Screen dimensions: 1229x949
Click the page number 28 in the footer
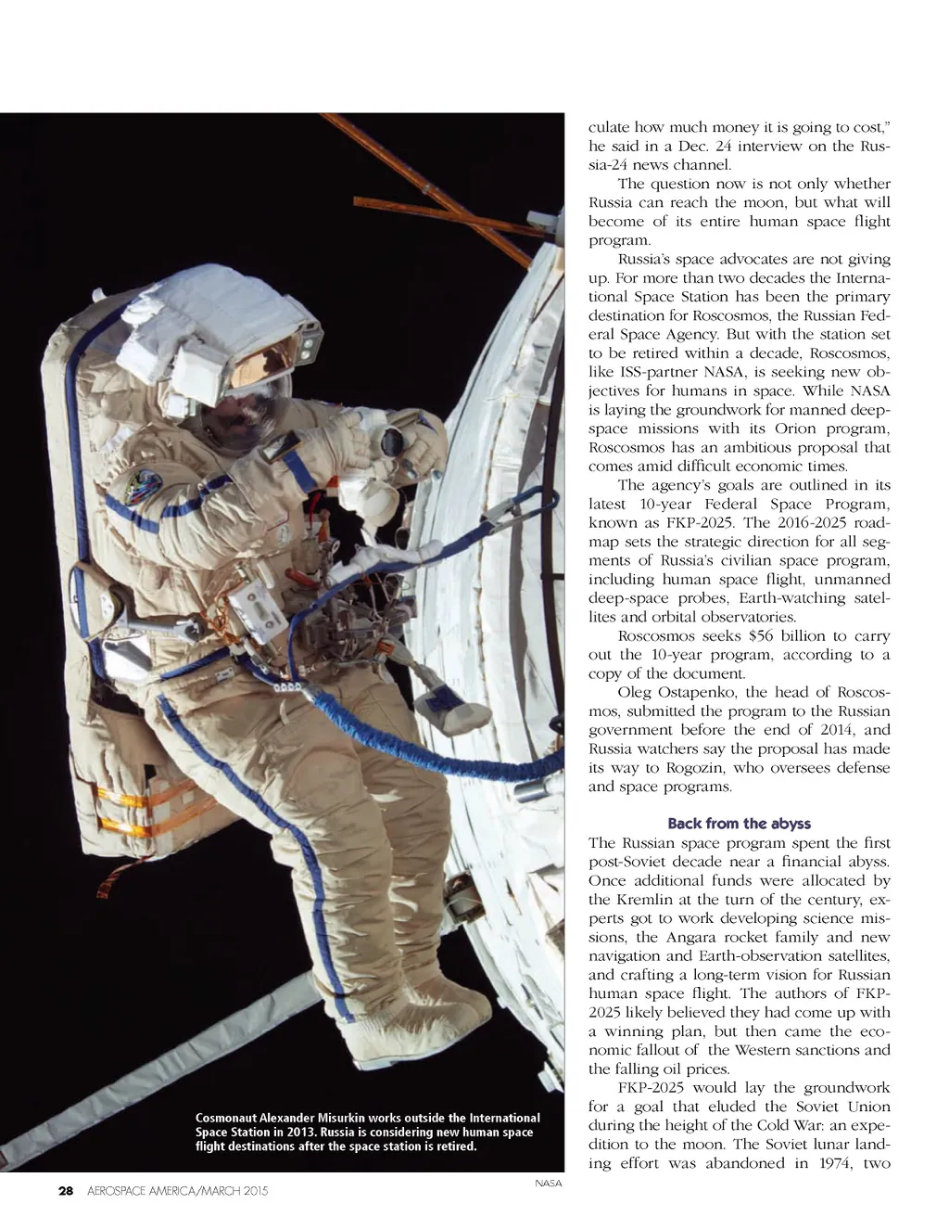[66, 1191]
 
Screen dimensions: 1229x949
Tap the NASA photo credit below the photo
[549, 1183]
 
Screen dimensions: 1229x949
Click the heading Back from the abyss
[739, 824]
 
